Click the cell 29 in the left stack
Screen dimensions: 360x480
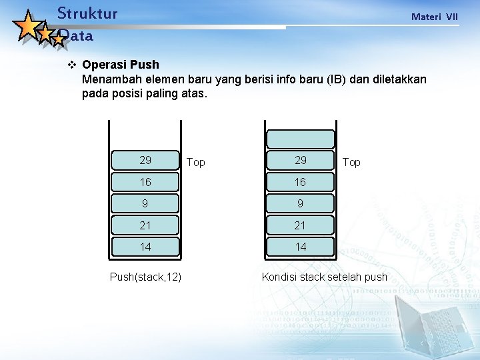tap(145, 160)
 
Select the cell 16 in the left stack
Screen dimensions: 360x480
tap(145, 182)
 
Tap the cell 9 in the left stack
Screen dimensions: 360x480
tap(145, 203)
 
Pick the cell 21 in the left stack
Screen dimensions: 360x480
tap(145, 225)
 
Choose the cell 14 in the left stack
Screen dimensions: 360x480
tap(145, 247)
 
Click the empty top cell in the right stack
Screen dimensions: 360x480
tap(301, 139)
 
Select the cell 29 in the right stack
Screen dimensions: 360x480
tap(301, 160)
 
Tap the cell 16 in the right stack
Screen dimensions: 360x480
tap(301, 182)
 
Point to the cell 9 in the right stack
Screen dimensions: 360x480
tap(301, 203)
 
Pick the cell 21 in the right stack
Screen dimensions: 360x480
tap(301, 225)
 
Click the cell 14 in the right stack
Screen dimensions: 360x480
tap(301, 247)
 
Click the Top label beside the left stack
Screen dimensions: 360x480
tap(196, 163)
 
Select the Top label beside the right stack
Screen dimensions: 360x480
tap(351, 163)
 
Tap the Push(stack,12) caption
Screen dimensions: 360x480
tap(145, 277)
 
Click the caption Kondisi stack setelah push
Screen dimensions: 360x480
tap(324, 277)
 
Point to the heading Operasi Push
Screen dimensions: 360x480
tap(120, 65)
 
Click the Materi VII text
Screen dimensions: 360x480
tap(434, 17)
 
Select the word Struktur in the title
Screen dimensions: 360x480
tap(87, 13)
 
